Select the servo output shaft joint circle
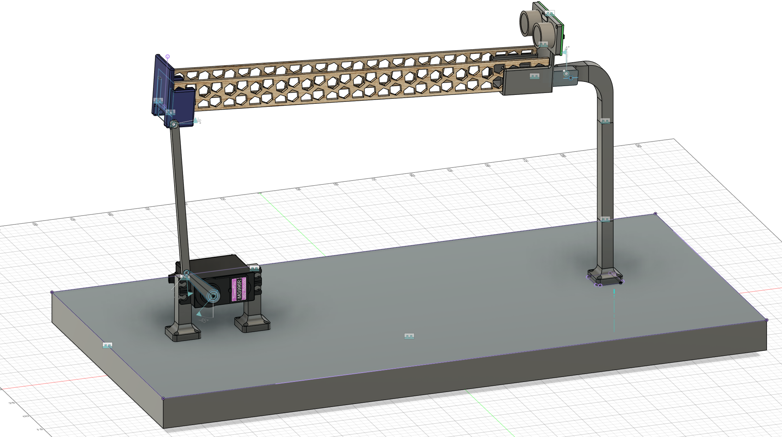[213, 296]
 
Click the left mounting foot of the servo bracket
[183, 332]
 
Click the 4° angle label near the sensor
[567, 48]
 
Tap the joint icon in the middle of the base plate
[409, 336]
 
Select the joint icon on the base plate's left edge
[107, 346]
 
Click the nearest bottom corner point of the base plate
[163, 399]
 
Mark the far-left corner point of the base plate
[52, 292]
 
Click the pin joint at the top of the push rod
[174, 125]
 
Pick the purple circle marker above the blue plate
[168, 56]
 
